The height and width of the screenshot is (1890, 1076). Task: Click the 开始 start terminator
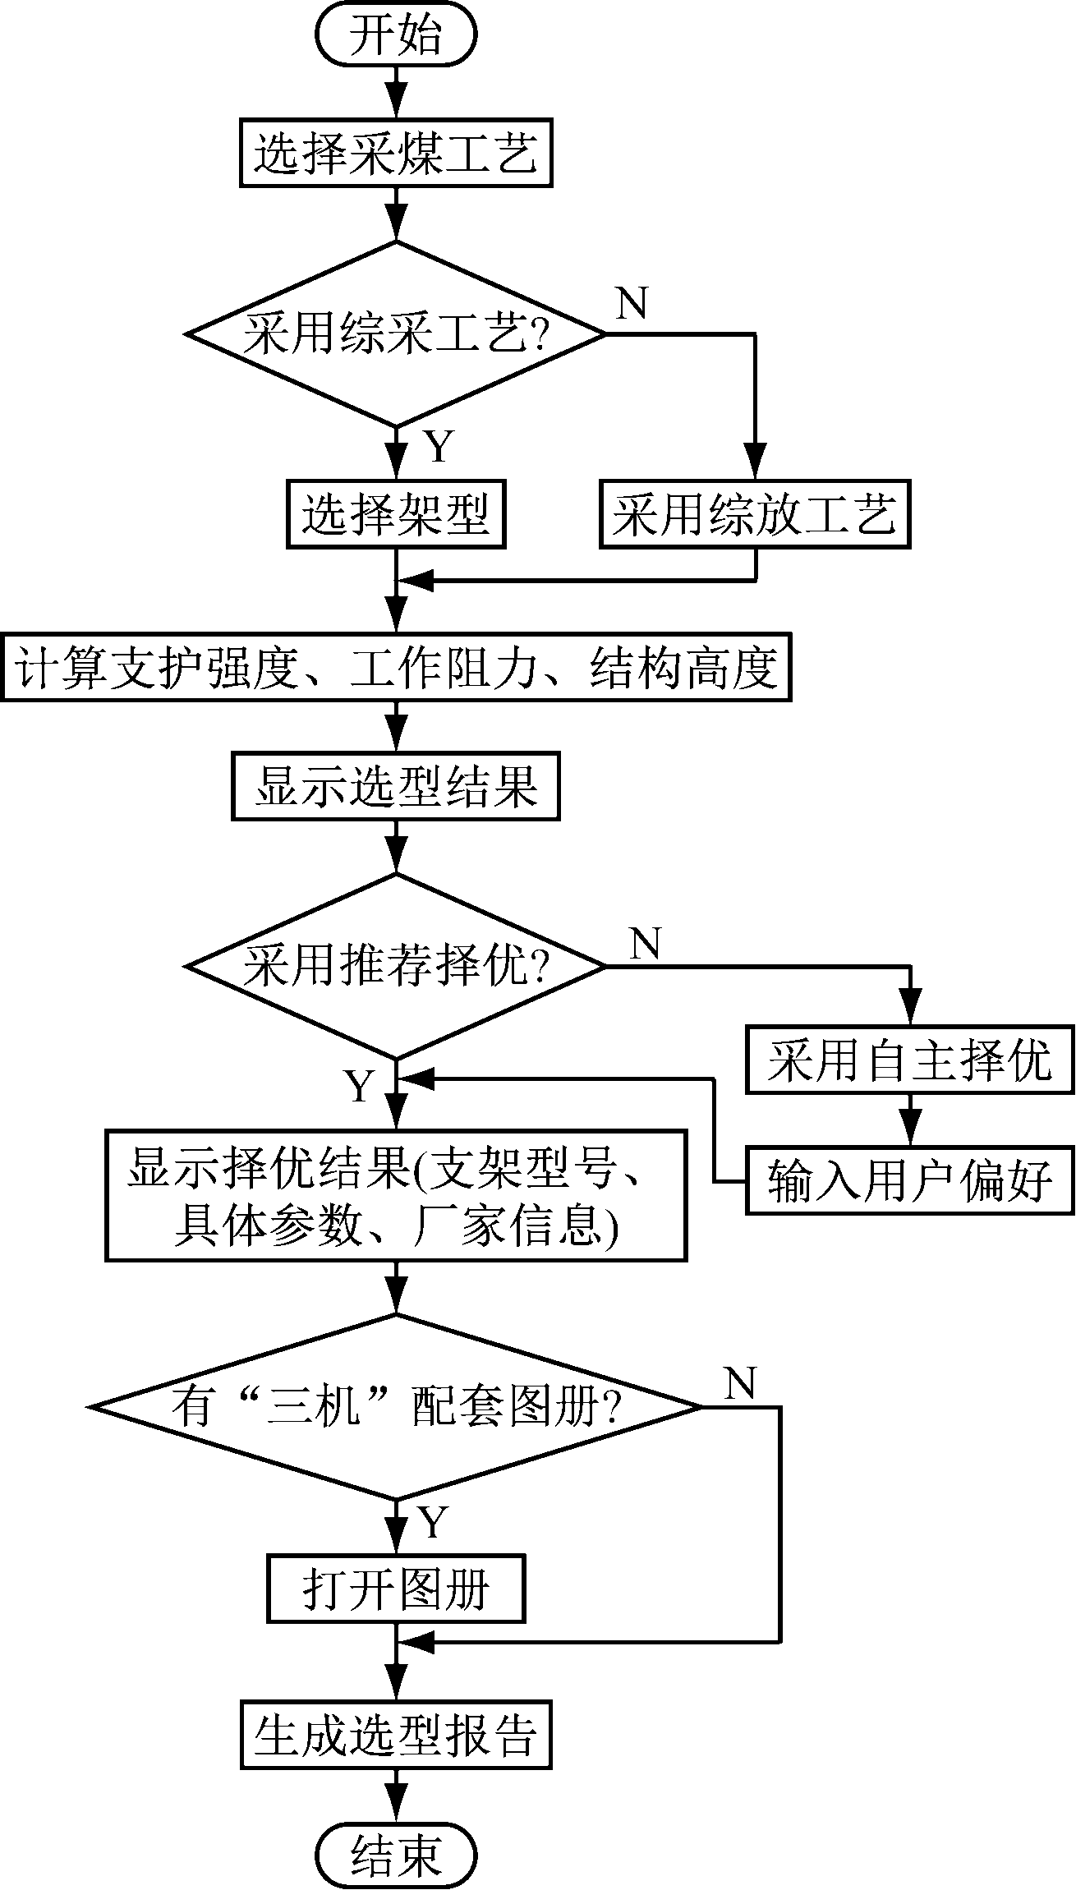[x=396, y=37]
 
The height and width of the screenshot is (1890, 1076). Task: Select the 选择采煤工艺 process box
[x=396, y=154]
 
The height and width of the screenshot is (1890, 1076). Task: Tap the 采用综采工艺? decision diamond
[x=396, y=334]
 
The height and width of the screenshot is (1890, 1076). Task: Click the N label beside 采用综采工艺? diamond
[x=632, y=304]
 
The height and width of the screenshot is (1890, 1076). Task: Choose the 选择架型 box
[x=396, y=514]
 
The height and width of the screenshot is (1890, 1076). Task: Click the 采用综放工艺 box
[x=755, y=514]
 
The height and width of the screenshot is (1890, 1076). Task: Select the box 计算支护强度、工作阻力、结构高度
[x=396, y=666]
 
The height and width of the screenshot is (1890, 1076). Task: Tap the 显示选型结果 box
[x=396, y=787]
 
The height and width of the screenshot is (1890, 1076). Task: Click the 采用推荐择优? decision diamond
[x=396, y=966]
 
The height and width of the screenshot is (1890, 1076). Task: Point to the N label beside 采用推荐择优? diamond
[x=646, y=945]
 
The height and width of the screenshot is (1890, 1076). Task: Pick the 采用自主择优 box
[x=909, y=1059]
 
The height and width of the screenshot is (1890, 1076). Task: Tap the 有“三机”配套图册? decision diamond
[x=396, y=1407]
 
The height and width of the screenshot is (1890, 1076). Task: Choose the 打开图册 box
[x=396, y=1588]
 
